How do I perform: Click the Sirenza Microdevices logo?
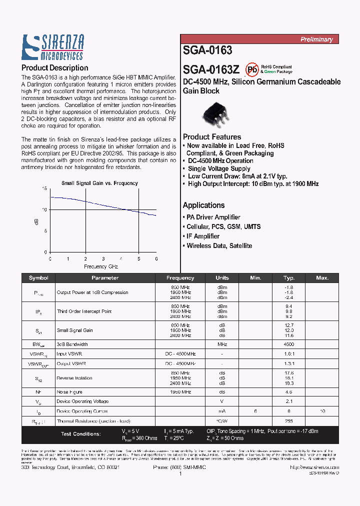click(52, 47)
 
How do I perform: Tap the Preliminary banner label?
click(316, 39)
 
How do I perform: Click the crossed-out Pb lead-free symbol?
click(252, 69)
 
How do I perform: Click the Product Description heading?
click(54, 68)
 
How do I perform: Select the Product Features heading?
click(212, 137)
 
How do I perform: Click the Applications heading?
click(203, 205)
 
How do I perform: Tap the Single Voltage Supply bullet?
click(218, 168)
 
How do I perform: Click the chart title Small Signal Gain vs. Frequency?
click(99, 183)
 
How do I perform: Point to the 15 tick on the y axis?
click(44, 188)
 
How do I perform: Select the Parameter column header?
click(105, 278)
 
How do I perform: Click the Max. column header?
click(322, 278)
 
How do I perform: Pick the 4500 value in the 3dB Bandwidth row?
click(289, 344)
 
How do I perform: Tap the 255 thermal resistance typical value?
click(289, 421)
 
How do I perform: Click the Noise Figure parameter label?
click(69, 392)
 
